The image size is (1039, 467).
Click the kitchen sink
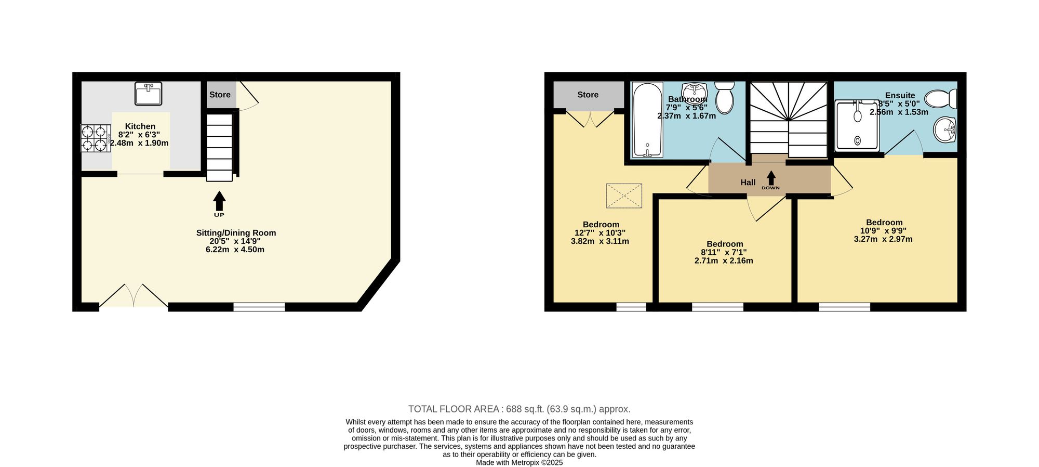pyautogui.click(x=148, y=94)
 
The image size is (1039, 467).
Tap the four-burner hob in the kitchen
pyautogui.click(x=96, y=138)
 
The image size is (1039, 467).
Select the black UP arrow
pyautogui.click(x=219, y=201)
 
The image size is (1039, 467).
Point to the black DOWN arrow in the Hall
pyautogui.click(x=771, y=177)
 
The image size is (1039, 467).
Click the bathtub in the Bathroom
pyautogui.click(x=647, y=120)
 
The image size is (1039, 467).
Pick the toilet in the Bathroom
pyautogui.click(x=724, y=97)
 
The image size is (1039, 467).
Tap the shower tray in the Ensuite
pyautogui.click(x=857, y=125)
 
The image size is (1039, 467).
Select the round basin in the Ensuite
pyautogui.click(x=945, y=129)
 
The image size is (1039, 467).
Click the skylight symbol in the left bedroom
pyautogui.click(x=624, y=196)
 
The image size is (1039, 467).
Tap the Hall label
pyautogui.click(x=748, y=183)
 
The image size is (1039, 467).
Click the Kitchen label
pyautogui.click(x=140, y=126)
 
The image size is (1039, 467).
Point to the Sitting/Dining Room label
pyautogui.click(x=236, y=233)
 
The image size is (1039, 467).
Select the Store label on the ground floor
pyautogui.click(x=220, y=95)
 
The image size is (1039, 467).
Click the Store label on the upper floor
pyautogui.click(x=588, y=95)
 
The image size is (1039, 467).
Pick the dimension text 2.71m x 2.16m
pyautogui.click(x=724, y=261)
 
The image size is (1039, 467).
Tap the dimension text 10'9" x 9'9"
pyautogui.click(x=883, y=231)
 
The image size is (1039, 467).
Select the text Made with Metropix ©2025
pyautogui.click(x=519, y=462)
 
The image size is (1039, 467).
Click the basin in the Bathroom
pyautogui.click(x=691, y=93)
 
